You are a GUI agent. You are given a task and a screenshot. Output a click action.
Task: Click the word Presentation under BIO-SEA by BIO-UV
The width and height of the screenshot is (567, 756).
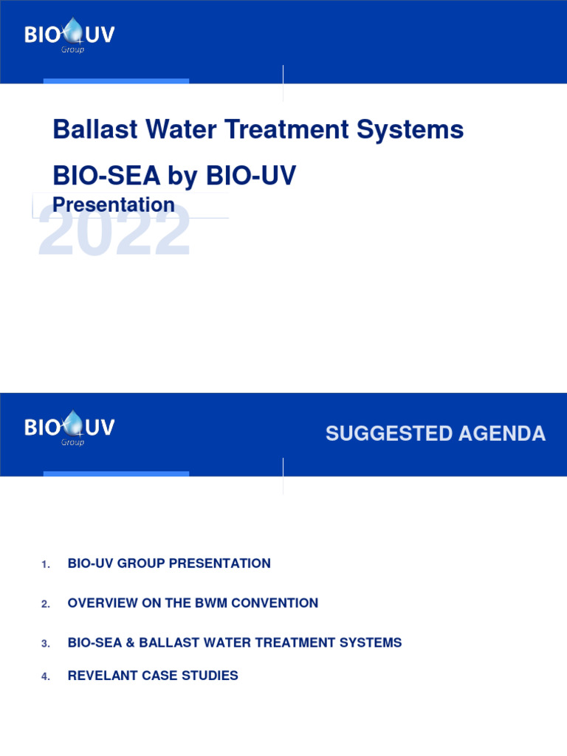[114, 205]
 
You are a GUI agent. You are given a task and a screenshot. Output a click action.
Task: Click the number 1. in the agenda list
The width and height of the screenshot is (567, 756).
[46, 565]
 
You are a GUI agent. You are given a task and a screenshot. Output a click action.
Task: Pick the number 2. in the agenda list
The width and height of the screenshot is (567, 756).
[46, 605]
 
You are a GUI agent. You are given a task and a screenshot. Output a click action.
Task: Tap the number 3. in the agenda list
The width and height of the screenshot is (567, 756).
[46, 645]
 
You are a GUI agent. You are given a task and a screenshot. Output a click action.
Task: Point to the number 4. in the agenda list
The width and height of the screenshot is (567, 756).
[46, 677]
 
